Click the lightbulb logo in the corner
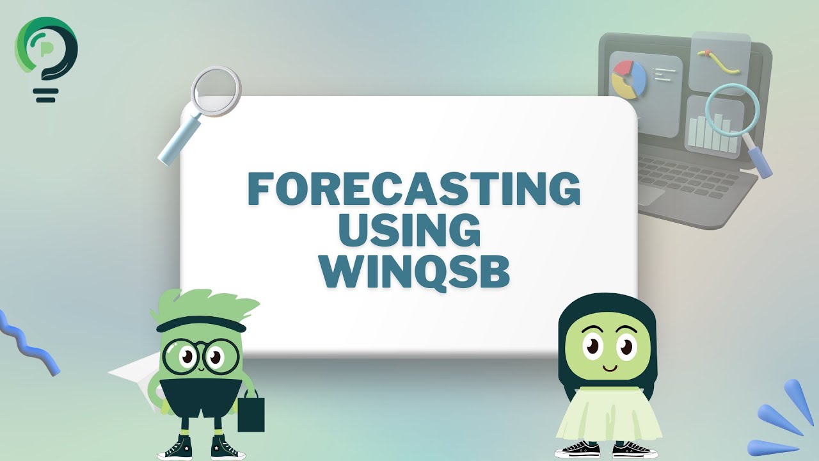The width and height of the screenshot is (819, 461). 46,54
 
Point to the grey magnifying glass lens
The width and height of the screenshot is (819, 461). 216,91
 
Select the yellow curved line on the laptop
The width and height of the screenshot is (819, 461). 719,61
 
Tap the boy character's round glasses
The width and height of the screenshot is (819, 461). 200,356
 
